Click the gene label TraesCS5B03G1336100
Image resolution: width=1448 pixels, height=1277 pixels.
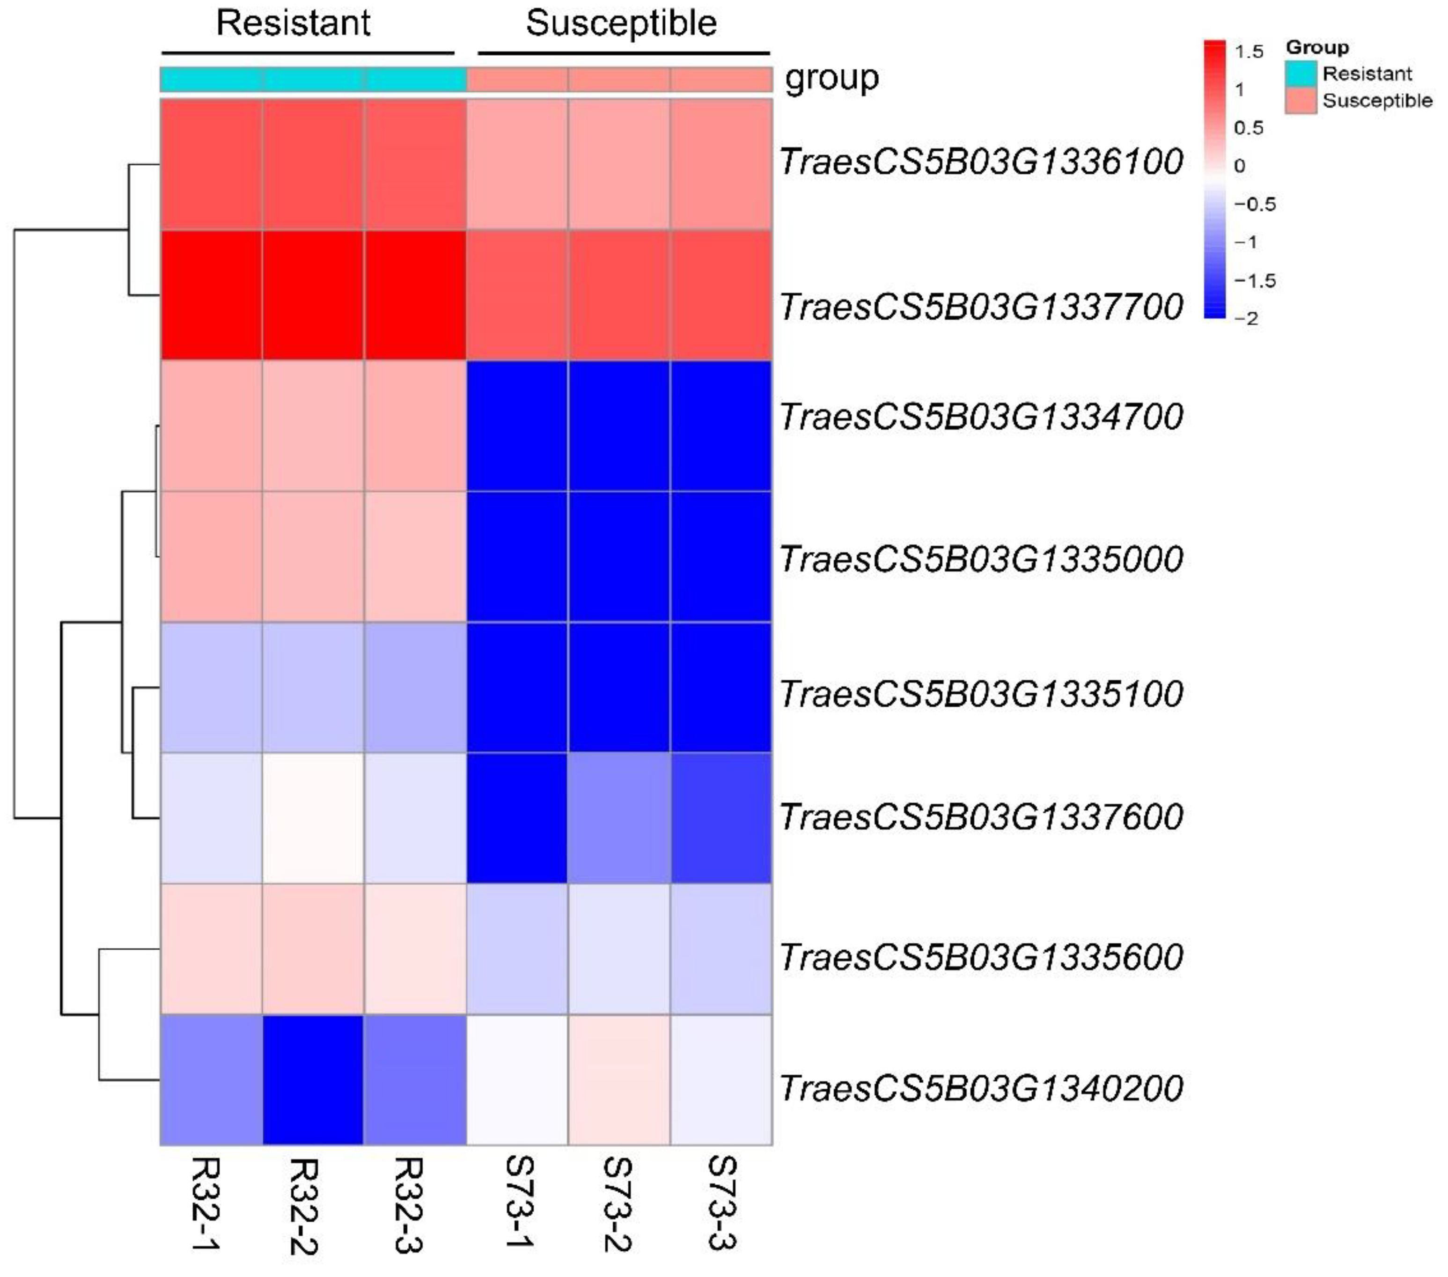[981, 161]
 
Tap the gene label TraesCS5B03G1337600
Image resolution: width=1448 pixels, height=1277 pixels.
[981, 817]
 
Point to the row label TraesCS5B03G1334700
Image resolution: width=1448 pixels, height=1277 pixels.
[981, 417]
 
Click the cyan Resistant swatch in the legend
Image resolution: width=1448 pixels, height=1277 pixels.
[1301, 73]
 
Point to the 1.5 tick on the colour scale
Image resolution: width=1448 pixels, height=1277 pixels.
[1248, 51]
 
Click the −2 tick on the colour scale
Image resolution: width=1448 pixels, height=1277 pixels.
[1246, 319]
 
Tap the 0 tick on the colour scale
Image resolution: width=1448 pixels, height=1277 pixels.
[1239, 166]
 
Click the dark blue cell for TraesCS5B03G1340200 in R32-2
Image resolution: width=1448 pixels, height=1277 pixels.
[313, 1079]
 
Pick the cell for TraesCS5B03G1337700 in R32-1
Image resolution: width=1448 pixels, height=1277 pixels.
[211, 295]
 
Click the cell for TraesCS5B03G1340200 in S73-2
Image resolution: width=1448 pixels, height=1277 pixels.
[619, 1079]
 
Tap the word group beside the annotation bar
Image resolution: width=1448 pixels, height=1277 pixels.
[832, 78]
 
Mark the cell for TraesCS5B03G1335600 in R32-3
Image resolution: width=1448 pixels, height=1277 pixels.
[415, 949]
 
